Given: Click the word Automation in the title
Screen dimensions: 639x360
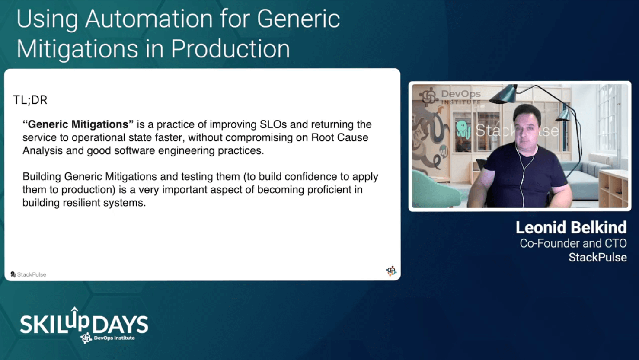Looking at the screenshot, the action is [149, 19].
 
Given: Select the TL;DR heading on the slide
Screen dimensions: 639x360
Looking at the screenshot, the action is [30, 100].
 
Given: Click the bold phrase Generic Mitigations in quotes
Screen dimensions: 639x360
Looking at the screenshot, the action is [78, 124].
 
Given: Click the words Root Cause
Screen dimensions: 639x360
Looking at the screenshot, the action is [339, 137].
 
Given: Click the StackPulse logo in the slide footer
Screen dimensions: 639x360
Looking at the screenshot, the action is [28, 274].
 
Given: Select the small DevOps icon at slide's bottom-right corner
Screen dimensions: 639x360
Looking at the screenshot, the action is [391, 271].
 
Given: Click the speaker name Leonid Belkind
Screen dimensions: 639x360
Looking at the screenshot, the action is [571, 228].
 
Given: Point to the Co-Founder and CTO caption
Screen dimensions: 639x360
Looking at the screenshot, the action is [573, 243].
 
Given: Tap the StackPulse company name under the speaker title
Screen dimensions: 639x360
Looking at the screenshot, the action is [597, 258].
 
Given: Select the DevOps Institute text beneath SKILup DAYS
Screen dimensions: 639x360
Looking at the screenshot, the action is [114, 338].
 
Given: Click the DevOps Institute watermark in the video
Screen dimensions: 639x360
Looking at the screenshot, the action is [451, 96].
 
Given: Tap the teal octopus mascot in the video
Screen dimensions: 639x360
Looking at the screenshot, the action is [463, 130].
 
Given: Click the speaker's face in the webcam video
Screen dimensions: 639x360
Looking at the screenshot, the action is [527, 125].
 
